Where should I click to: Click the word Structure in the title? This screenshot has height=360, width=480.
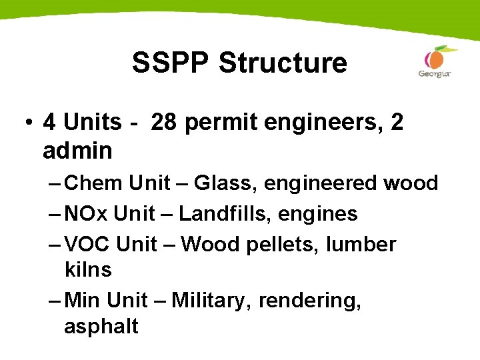pos(282,63)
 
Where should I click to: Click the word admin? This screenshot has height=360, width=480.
pos(77,151)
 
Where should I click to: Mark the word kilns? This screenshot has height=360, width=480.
pos(87,270)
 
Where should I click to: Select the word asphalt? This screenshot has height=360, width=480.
pos(101,327)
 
